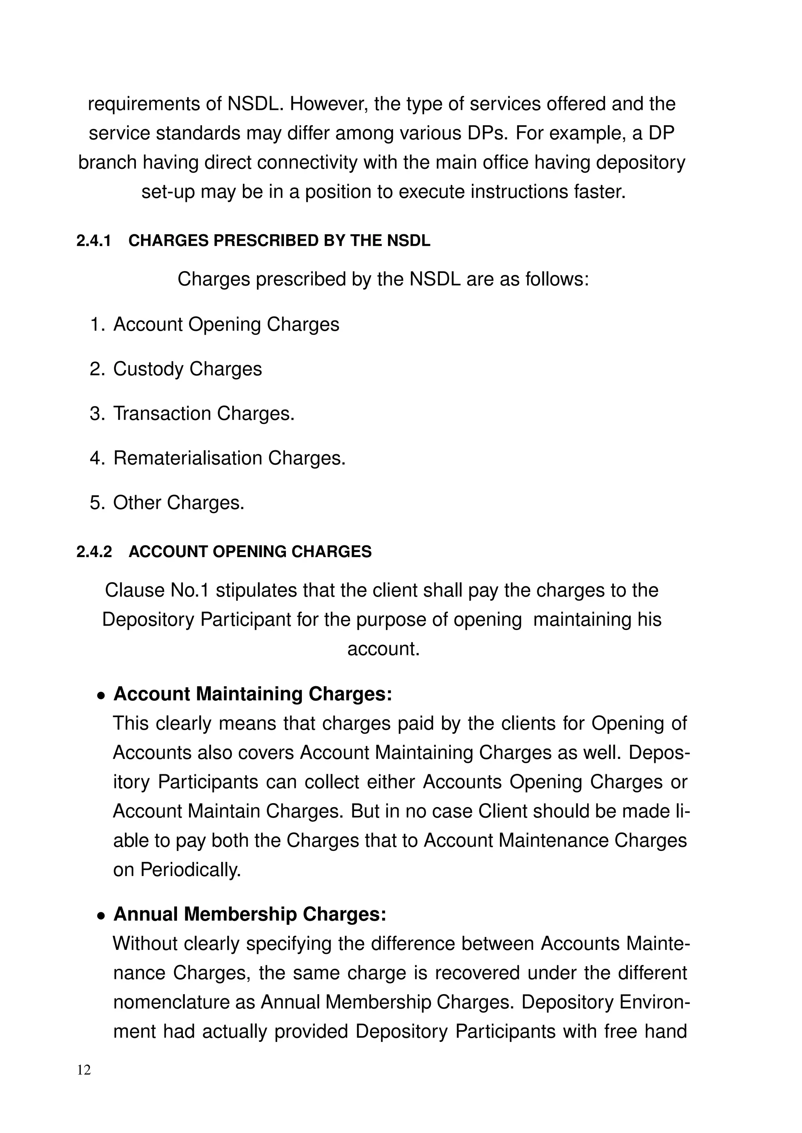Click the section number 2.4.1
coord(94,241)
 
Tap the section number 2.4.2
coord(94,552)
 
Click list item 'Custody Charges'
coord(187,370)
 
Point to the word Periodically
coord(191,870)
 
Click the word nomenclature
coord(183,1002)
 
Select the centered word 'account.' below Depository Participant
coord(383,649)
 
